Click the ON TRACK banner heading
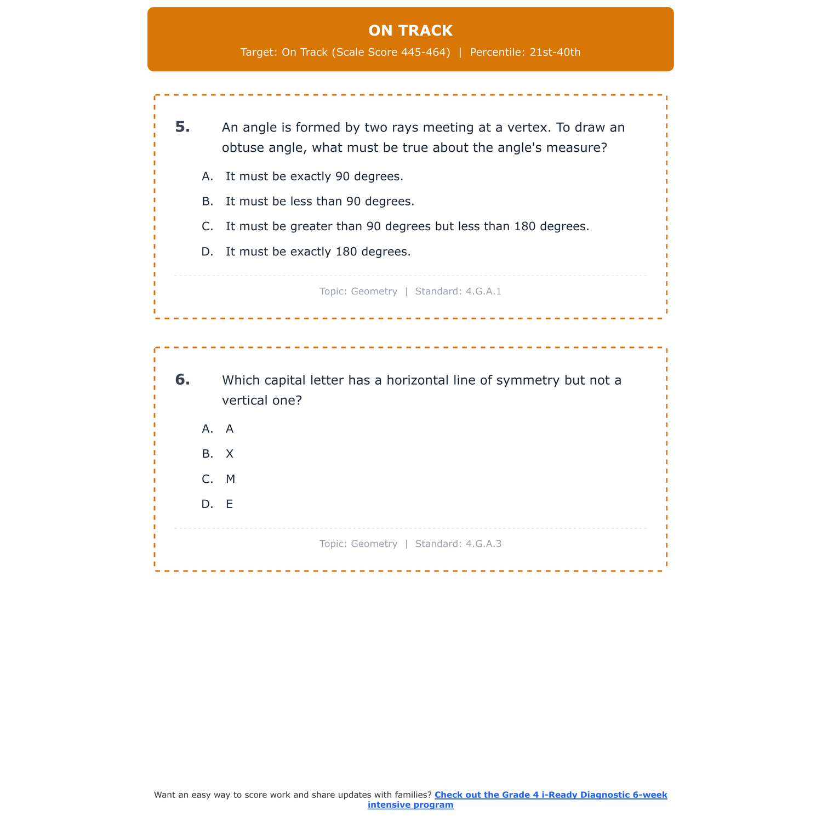pos(410,31)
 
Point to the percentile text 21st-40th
pos(555,53)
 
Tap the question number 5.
pos(182,127)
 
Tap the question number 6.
pos(182,380)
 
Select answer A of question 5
pos(314,176)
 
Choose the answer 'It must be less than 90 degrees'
pos(319,202)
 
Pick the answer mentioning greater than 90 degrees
pos(407,226)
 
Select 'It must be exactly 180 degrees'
pos(318,252)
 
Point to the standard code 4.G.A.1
pos(483,292)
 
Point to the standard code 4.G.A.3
pos(483,544)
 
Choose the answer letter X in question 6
pos(230,454)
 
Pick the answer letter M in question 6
pos(230,480)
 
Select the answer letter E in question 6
pos(230,505)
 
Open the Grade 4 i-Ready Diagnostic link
pos(550,795)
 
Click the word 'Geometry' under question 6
pos(374,544)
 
